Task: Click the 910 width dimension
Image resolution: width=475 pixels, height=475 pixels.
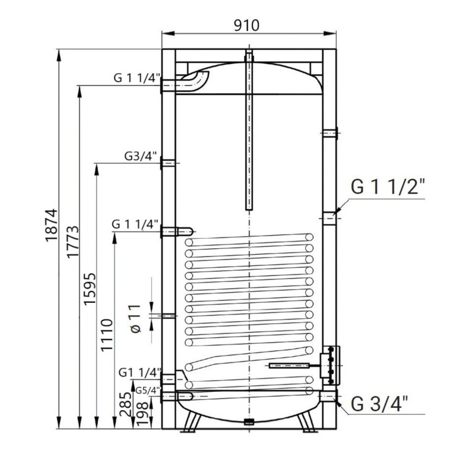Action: [x=247, y=26]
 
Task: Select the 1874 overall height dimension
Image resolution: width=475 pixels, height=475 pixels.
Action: [x=51, y=225]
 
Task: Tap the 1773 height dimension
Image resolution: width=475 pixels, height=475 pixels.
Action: [x=72, y=242]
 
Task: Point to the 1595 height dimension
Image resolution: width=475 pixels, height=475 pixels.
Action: [x=90, y=289]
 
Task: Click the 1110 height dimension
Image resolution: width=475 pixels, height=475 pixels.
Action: [x=107, y=335]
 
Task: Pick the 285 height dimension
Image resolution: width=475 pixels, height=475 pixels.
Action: [x=125, y=404]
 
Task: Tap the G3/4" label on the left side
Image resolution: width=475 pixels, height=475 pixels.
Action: [x=141, y=156]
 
